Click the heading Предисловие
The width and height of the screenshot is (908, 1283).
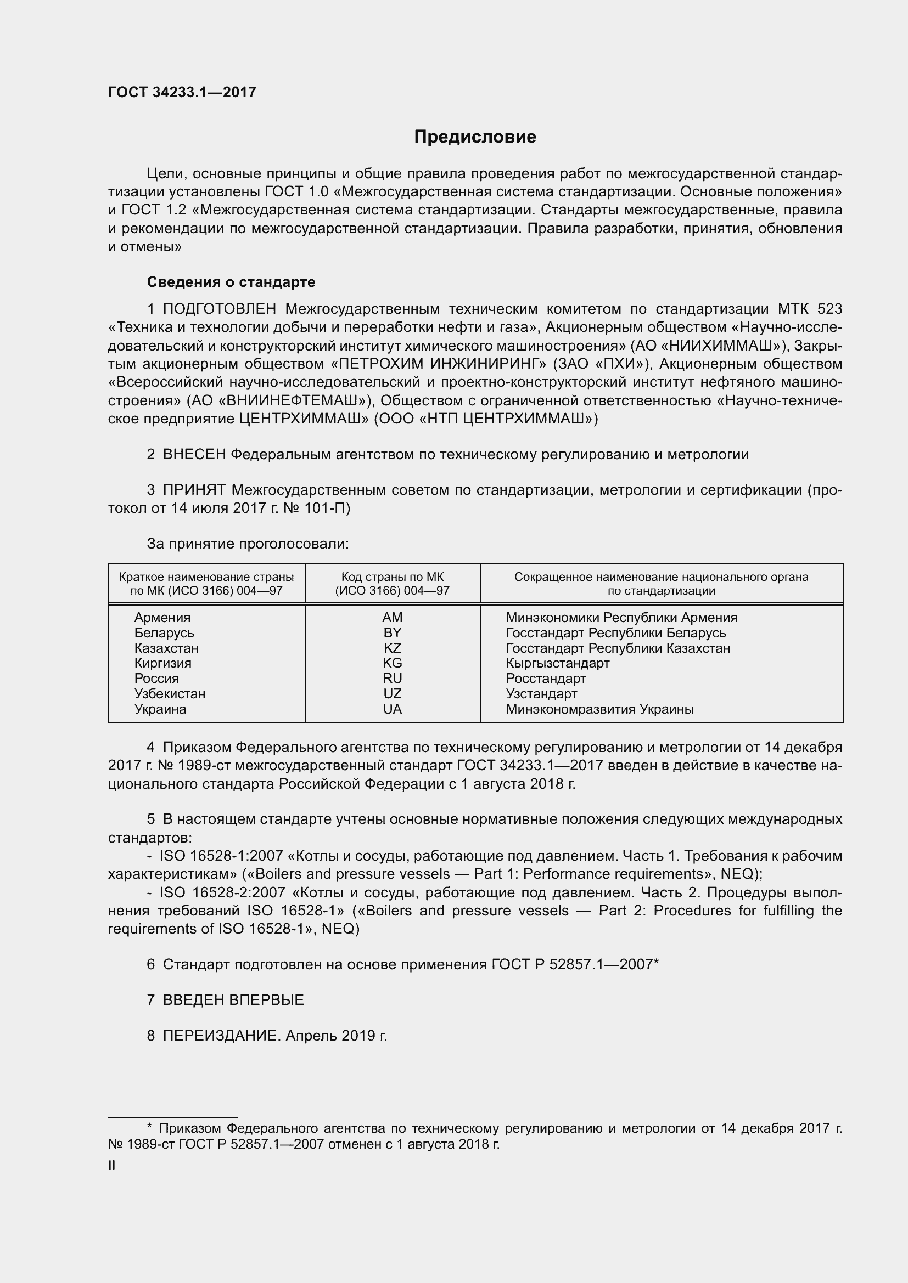(x=475, y=137)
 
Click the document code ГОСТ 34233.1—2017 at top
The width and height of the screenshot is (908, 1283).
(x=182, y=93)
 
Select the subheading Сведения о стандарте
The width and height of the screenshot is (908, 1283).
(x=231, y=282)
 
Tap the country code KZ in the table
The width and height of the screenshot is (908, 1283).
(x=392, y=648)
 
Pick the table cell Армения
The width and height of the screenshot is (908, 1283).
(x=162, y=618)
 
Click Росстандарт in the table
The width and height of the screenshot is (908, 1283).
(x=546, y=679)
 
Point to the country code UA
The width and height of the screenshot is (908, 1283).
(x=392, y=709)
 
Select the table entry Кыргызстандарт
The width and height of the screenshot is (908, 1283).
(x=557, y=663)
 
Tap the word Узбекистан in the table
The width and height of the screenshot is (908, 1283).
(x=170, y=693)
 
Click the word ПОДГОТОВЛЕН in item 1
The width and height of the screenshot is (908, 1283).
(x=220, y=309)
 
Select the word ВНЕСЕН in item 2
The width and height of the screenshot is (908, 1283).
(x=194, y=454)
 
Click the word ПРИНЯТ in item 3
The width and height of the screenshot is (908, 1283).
(x=194, y=490)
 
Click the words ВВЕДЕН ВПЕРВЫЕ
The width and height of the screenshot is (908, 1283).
(x=233, y=1000)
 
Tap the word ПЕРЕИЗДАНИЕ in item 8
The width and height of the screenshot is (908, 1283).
(x=220, y=1036)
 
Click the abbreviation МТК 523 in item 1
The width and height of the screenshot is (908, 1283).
(x=810, y=309)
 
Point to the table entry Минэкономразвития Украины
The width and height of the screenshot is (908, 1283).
(x=599, y=709)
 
